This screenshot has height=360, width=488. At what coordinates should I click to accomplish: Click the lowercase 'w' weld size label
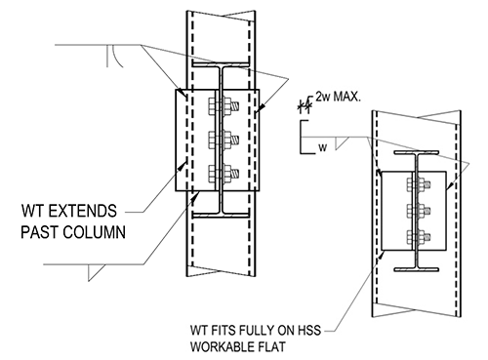click(319, 147)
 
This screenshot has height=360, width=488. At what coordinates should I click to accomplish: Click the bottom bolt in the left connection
click(223, 176)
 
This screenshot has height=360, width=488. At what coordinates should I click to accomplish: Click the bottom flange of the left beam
click(223, 208)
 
